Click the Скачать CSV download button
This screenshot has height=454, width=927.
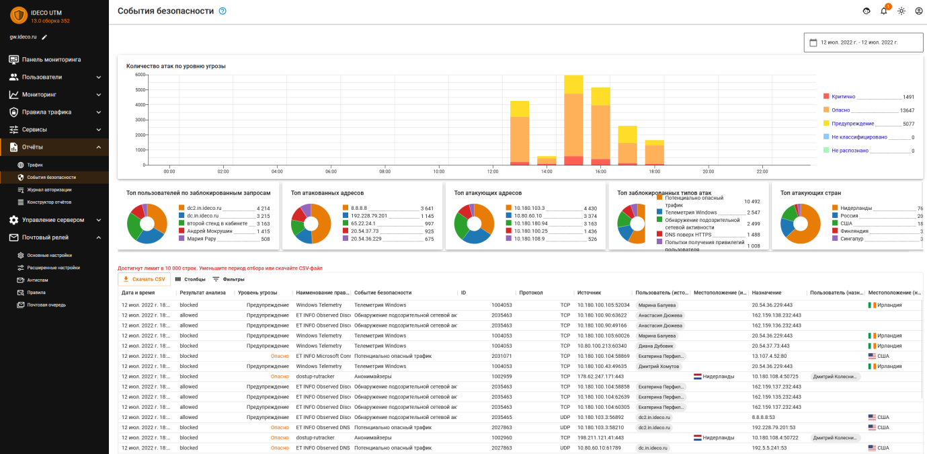click(x=143, y=279)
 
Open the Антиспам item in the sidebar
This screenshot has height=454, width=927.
click(x=38, y=280)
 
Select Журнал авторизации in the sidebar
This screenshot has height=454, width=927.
click(x=49, y=190)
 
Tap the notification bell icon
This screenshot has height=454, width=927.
click(x=884, y=11)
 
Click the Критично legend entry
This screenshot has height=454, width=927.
click(x=843, y=97)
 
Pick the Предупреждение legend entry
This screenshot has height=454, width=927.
click(x=852, y=124)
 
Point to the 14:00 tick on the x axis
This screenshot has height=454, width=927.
click(x=547, y=172)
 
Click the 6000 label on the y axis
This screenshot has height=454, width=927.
click(x=140, y=75)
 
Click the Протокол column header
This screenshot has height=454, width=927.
click(x=530, y=293)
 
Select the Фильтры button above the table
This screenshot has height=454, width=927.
click(x=229, y=279)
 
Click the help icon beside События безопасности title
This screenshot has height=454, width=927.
click(x=223, y=11)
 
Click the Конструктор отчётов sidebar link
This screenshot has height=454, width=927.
click(x=49, y=202)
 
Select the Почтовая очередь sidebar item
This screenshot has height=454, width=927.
click(x=46, y=305)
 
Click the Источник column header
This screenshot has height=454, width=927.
click(x=588, y=293)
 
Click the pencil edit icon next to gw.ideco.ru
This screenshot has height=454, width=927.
click(x=44, y=37)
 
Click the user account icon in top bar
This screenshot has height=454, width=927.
click(x=919, y=11)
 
